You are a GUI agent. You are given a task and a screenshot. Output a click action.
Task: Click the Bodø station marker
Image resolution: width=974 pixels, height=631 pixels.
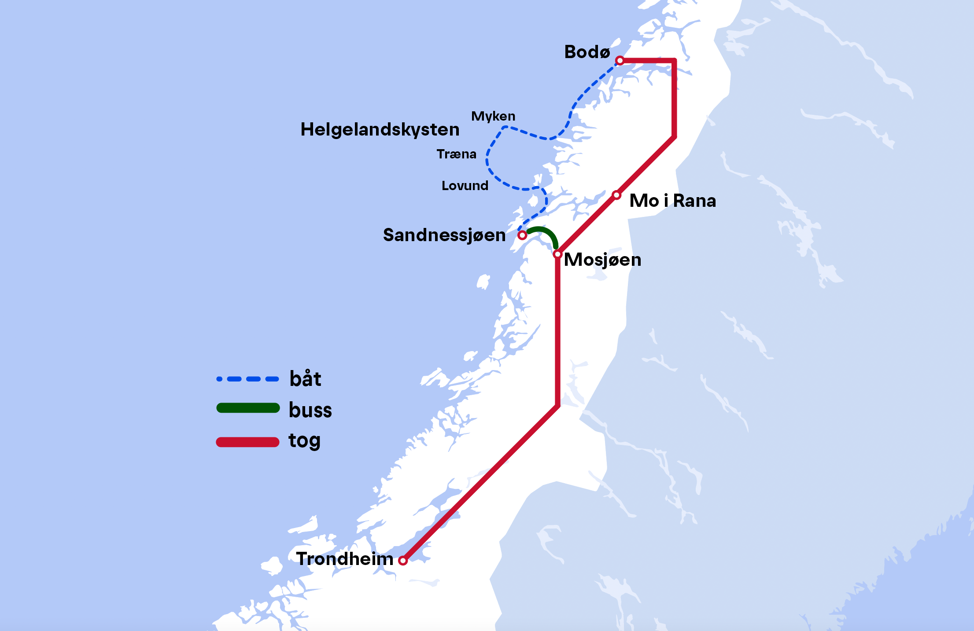point(620,60)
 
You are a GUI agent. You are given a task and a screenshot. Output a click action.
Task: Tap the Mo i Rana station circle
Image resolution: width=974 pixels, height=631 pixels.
point(616,195)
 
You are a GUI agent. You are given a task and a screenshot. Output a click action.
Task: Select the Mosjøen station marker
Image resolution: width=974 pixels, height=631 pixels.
point(557,254)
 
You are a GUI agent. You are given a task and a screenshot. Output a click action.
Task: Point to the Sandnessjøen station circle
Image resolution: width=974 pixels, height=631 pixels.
point(522,235)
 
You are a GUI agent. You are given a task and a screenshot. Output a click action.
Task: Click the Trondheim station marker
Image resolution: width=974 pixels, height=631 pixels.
point(402,561)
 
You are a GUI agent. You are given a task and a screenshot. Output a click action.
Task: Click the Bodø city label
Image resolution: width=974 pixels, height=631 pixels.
point(587,52)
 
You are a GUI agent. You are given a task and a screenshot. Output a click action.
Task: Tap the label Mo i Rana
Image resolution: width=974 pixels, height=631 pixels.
point(672,201)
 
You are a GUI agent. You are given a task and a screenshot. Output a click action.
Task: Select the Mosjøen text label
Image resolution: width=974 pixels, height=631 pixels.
point(602,260)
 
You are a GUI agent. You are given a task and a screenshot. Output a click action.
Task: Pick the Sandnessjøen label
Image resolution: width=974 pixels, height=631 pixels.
point(444,235)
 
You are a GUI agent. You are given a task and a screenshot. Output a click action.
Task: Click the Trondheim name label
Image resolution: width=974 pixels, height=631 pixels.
point(345,559)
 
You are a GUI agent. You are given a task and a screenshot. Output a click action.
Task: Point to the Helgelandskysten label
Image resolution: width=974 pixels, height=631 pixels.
point(380,129)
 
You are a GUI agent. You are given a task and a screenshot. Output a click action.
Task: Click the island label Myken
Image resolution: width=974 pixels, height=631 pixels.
point(493,116)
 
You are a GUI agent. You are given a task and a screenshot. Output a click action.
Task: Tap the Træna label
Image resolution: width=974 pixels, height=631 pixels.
point(456,154)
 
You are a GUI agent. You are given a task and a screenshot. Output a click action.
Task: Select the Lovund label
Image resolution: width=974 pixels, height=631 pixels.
point(465,186)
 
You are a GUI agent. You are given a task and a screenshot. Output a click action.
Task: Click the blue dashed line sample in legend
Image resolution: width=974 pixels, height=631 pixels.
point(248,379)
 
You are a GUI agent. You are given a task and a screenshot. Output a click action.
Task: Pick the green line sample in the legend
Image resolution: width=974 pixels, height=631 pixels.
point(248,408)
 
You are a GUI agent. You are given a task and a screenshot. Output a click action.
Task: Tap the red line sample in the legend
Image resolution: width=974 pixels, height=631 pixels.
point(248,442)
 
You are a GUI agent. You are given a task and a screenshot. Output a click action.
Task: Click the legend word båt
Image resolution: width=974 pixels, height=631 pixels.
point(305,379)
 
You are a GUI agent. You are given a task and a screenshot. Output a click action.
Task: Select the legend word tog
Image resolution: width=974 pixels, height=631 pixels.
point(304,440)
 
